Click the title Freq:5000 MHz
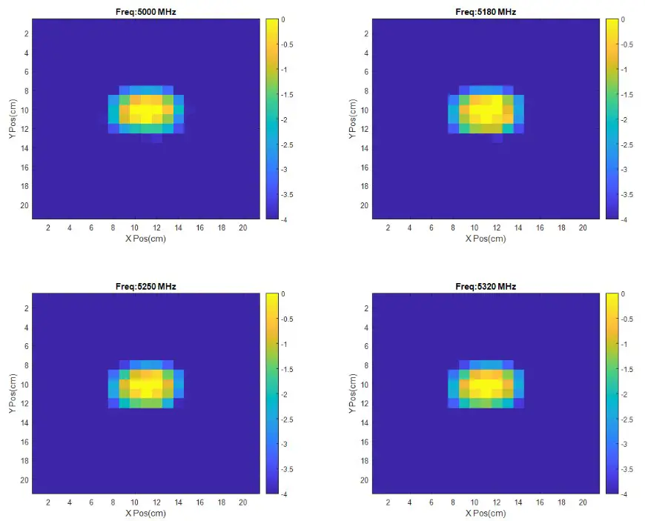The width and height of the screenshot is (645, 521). (146, 12)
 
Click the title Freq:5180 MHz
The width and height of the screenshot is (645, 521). (486, 12)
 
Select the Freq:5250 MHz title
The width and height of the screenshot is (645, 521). (146, 286)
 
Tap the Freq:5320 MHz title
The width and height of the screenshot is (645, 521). (486, 286)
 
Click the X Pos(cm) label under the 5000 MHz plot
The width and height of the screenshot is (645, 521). (146, 239)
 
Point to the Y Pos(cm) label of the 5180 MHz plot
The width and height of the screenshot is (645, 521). (353, 119)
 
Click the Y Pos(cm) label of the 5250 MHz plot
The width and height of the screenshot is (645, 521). (13, 394)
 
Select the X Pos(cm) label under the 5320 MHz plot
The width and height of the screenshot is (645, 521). (486, 513)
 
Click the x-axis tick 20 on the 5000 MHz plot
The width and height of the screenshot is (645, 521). (242, 228)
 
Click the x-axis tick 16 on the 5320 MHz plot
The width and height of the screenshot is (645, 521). (540, 502)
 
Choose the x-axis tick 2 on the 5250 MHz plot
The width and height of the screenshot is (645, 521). (48, 502)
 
